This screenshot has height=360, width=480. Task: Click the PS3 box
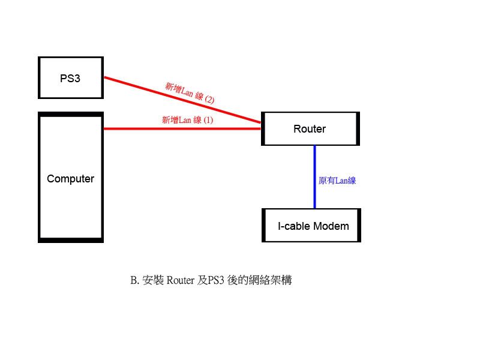point(70,77)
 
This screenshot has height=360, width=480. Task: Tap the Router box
point(310,128)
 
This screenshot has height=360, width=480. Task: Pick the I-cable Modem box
point(312,226)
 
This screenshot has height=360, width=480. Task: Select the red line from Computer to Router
point(180,128)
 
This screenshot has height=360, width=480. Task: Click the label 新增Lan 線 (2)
point(190,92)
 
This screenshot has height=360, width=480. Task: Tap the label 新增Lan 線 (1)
point(187,120)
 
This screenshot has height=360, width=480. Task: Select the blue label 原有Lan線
point(337,180)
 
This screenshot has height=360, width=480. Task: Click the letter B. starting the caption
point(134,280)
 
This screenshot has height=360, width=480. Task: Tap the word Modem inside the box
point(331,226)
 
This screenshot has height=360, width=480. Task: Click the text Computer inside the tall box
point(71,179)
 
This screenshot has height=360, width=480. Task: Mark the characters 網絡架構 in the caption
point(270,280)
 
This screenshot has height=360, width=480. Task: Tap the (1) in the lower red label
point(208,120)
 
